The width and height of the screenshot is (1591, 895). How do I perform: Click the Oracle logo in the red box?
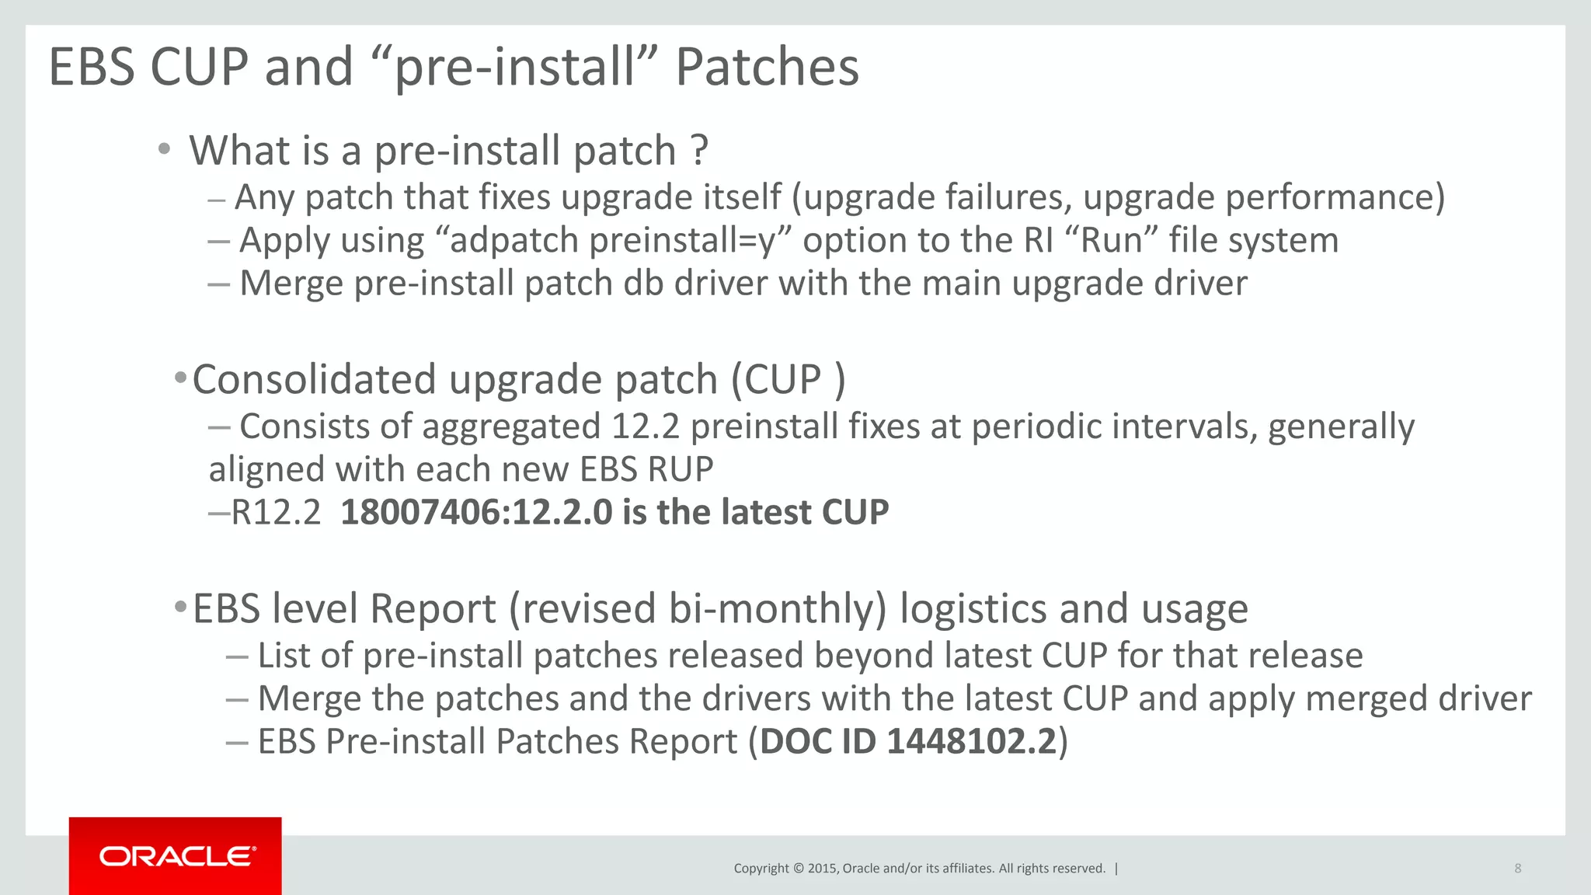coord(176,856)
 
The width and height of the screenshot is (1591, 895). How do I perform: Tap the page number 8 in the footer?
coord(1517,869)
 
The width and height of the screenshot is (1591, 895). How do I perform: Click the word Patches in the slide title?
coord(767,67)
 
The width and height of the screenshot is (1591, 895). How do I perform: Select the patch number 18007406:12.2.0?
coord(476,513)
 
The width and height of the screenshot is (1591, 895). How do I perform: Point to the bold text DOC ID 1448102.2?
coord(908,742)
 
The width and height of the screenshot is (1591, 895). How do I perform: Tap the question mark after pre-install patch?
coord(699,150)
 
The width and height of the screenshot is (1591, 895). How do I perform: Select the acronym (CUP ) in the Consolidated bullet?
coord(788,380)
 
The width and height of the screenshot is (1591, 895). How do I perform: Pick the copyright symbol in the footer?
coord(798,869)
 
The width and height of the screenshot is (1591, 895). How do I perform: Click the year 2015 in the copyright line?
coord(822,869)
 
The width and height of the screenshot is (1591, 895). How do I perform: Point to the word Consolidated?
coord(314,380)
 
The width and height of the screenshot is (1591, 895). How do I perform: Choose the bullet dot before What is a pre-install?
coord(163,149)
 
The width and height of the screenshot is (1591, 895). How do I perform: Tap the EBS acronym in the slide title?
coord(92,67)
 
